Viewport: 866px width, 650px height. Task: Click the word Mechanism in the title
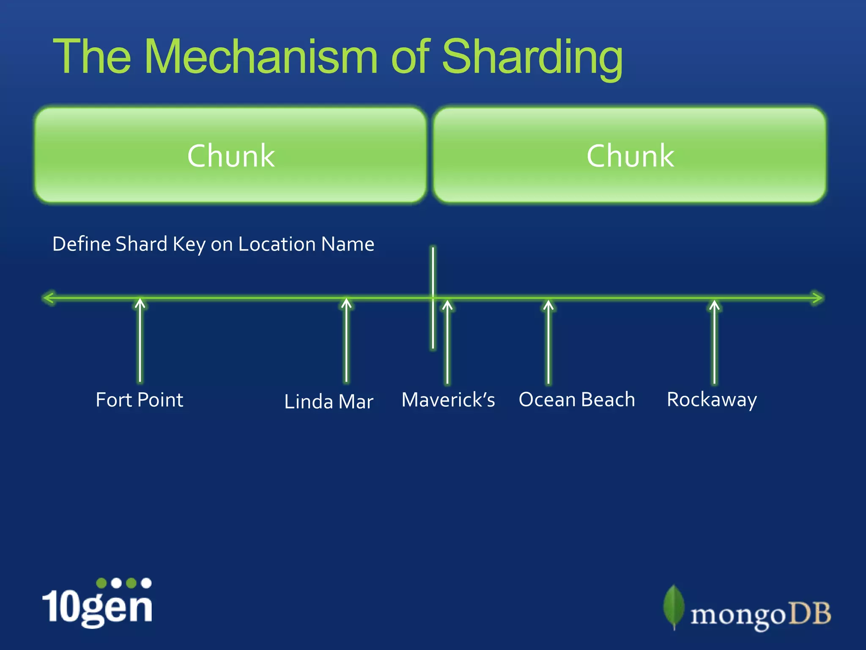[x=260, y=57]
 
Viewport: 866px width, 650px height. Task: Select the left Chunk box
[x=230, y=155]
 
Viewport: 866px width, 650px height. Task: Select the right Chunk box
[x=630, y=155]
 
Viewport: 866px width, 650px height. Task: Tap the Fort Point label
[x=140, y=400]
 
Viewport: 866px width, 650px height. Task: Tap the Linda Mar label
[x=329, y=402]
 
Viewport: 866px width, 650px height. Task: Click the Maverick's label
[x=448, y=400]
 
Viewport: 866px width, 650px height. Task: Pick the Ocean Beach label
[x=577, y=400]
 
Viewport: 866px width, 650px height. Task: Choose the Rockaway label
[x=712, y=400]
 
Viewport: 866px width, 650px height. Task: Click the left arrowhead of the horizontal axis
[x=49, y=298]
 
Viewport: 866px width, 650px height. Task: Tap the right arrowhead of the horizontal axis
[x=817, y=298]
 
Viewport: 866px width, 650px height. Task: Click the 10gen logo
[x=97, y=603]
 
